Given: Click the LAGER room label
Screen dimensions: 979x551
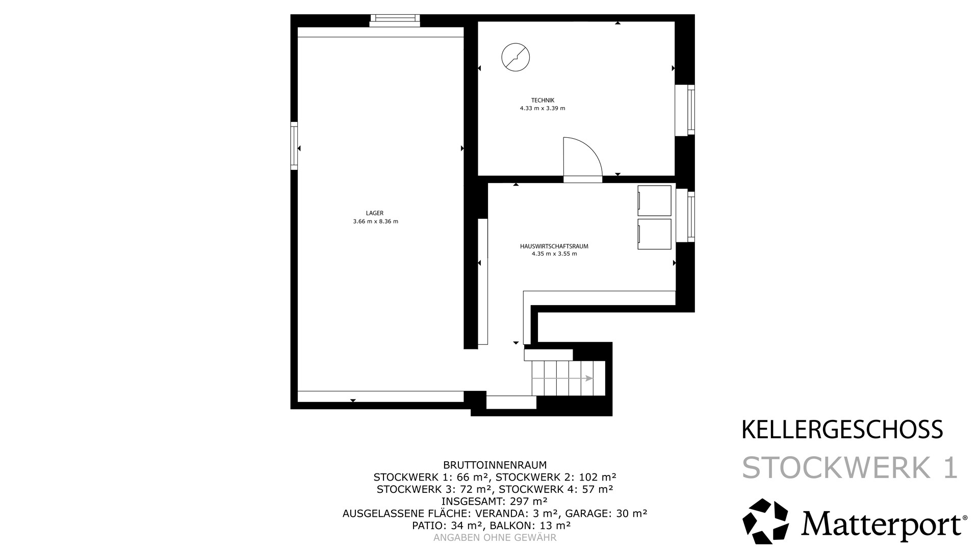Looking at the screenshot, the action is pos(375,213).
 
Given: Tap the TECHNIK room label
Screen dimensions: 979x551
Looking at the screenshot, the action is pos(543,101).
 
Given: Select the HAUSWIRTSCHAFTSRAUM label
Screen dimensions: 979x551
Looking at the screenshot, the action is pos(554,246).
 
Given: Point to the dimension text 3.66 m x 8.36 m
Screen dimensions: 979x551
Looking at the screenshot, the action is pos(375,221).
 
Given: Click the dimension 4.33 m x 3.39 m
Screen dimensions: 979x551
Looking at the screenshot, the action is pos(543,108).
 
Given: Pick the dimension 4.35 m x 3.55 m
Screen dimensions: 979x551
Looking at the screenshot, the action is pos(554,254).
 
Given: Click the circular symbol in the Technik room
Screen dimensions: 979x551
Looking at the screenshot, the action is pos(516,57).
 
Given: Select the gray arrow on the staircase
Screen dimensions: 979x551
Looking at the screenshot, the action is pos(562,378).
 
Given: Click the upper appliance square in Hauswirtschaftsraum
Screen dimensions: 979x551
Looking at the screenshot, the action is pos(654,201).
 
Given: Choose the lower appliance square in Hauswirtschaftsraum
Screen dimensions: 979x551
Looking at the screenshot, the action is pos(654,234).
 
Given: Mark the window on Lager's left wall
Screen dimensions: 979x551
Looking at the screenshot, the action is pos(294,146).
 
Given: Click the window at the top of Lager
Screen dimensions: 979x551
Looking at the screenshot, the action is pos(395,20).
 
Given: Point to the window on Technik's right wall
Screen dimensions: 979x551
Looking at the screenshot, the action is pos(685,110).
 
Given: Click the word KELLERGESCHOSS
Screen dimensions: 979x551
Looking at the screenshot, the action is pos(842,430).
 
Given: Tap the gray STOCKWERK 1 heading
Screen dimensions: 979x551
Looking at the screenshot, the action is pos(850,467).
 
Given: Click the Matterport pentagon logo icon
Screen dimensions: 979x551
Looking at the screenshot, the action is pos(765,521).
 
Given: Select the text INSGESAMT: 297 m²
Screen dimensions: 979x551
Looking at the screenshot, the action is pos(495,501).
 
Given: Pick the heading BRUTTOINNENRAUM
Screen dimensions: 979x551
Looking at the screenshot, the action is pos(495,465).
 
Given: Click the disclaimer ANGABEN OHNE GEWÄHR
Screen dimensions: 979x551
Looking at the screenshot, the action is pos(495,538).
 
